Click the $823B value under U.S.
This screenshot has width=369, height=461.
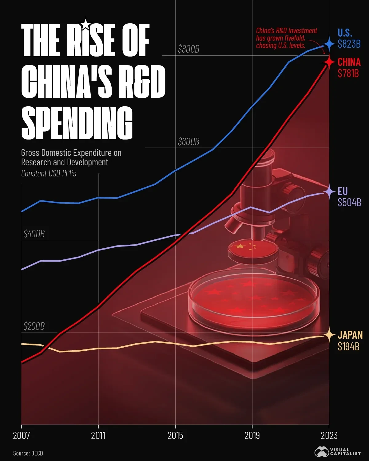[x=349, y=44]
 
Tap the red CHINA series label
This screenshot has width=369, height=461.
[x=349, y=62]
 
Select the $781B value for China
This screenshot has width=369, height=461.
[x=348, y=73]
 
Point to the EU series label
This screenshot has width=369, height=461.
[x=343, y=191]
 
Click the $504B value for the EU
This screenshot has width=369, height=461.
[x=349, y=203]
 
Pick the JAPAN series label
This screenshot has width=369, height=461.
[x=350, y=335]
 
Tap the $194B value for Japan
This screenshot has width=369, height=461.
[x=348, y=347]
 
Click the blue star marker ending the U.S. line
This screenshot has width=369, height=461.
[x=329, y=44]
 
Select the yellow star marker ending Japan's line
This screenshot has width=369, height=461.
[x=329, y=335]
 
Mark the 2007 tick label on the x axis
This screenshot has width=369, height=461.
[x=21, y=435]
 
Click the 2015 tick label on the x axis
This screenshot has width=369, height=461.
[x=175, y=435]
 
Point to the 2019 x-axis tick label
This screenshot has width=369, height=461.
[x=252, y=435]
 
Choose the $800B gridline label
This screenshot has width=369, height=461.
[x=188, y=49]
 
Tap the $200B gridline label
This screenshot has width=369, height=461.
[x=34, y=326]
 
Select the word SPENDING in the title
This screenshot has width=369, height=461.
[x=77, y=123]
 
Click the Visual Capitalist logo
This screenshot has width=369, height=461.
[x=337, y=452]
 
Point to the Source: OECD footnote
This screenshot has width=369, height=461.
[x=28, y=453]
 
